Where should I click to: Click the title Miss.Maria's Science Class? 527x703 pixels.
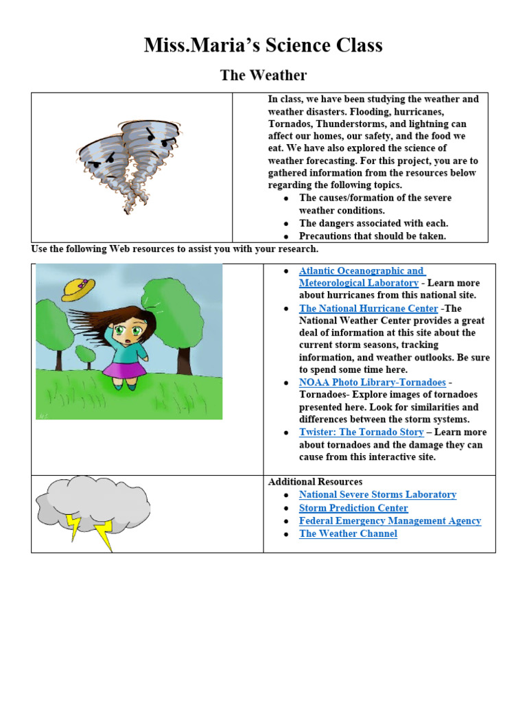[263, 45]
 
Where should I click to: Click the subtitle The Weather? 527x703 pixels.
[263, 75]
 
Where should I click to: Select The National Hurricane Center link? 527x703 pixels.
[368, 308]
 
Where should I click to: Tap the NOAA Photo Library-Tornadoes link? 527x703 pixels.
[372, 382]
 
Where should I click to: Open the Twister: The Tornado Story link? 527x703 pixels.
[361, 432]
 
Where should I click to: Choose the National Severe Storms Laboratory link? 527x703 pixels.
[377, 494]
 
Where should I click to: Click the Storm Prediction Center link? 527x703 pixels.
[353, 508]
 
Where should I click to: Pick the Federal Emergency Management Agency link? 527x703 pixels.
[390, 520]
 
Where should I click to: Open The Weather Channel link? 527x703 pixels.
[348, 533]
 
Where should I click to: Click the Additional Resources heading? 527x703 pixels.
[315, 482]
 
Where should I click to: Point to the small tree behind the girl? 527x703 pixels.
[85, 354]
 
